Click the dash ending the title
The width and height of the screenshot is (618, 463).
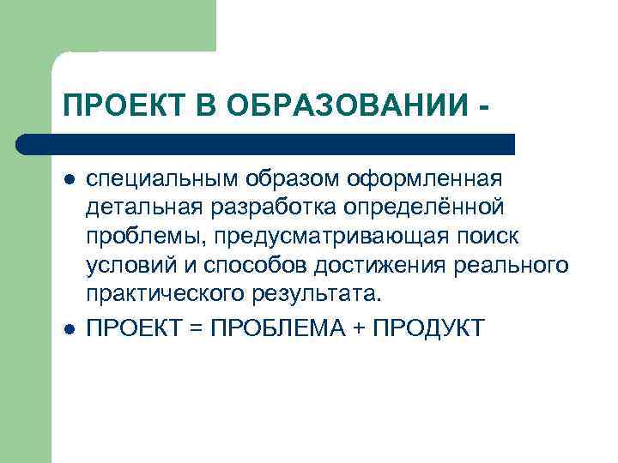coord(488,108)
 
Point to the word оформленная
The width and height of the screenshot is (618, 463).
coord(425,180)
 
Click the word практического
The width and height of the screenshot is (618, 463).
coord(168,296)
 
